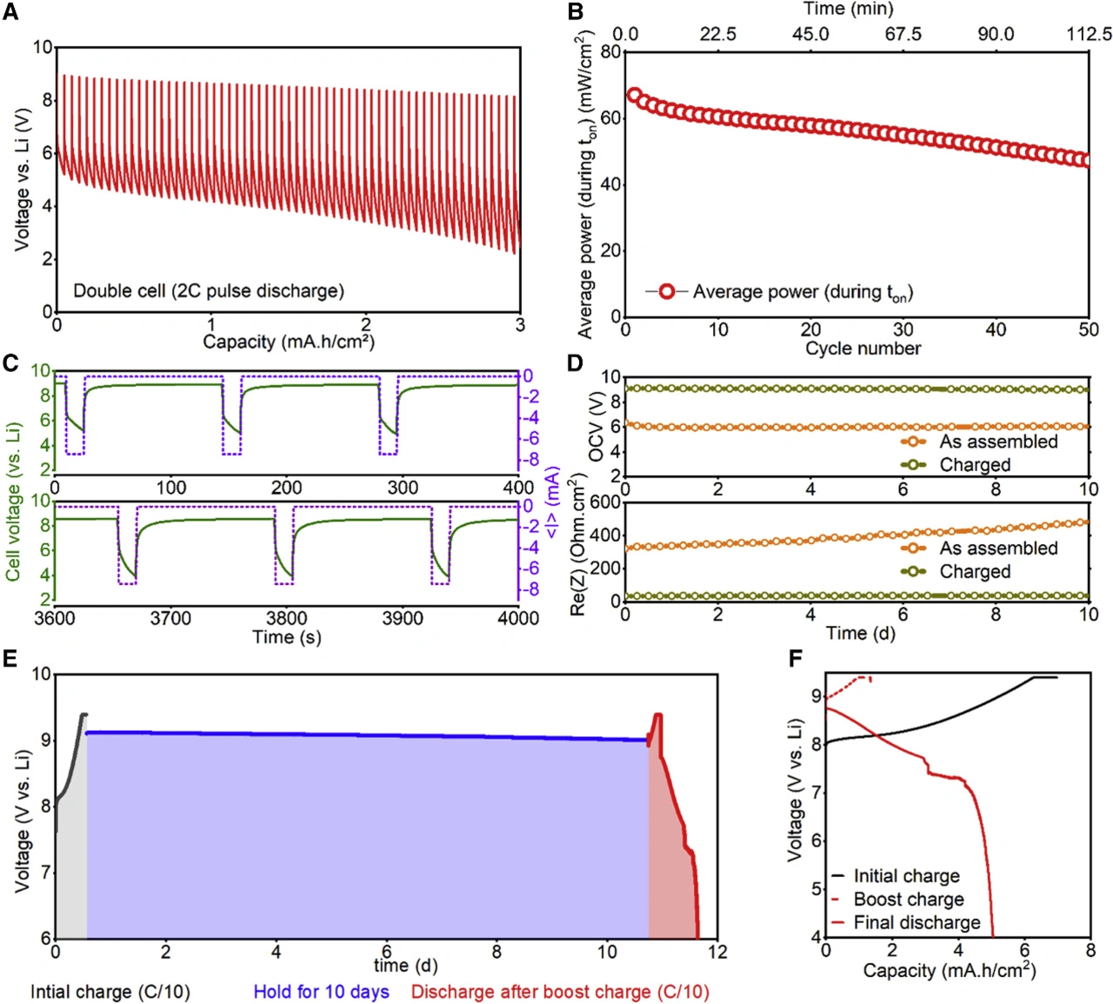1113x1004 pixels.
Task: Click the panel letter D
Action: coord(575,362)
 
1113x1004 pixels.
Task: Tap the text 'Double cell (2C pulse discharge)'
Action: coord(209,291)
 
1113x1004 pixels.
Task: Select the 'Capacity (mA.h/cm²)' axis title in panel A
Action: coord(289,342)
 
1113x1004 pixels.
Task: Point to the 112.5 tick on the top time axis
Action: coord(1089,34)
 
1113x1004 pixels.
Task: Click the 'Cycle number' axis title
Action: coord(863,349)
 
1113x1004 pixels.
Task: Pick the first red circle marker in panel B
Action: coord(634,96)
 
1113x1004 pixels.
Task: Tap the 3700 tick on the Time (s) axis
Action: coord(170,618)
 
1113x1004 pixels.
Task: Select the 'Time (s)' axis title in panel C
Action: coord(287,637)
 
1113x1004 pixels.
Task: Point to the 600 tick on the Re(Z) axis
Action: coord(605,502)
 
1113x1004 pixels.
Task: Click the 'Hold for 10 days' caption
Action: coord(322,992)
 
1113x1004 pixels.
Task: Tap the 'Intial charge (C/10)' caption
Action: coord(110,992)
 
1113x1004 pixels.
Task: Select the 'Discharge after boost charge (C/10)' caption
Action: coord(560,992)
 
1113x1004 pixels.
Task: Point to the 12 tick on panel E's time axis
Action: coord(717,952)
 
